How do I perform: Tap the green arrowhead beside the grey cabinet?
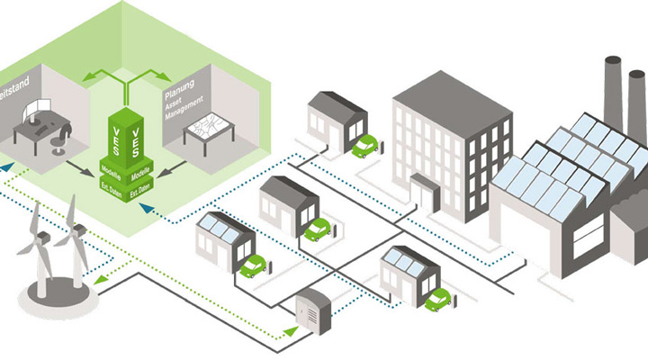tap(287, 332)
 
